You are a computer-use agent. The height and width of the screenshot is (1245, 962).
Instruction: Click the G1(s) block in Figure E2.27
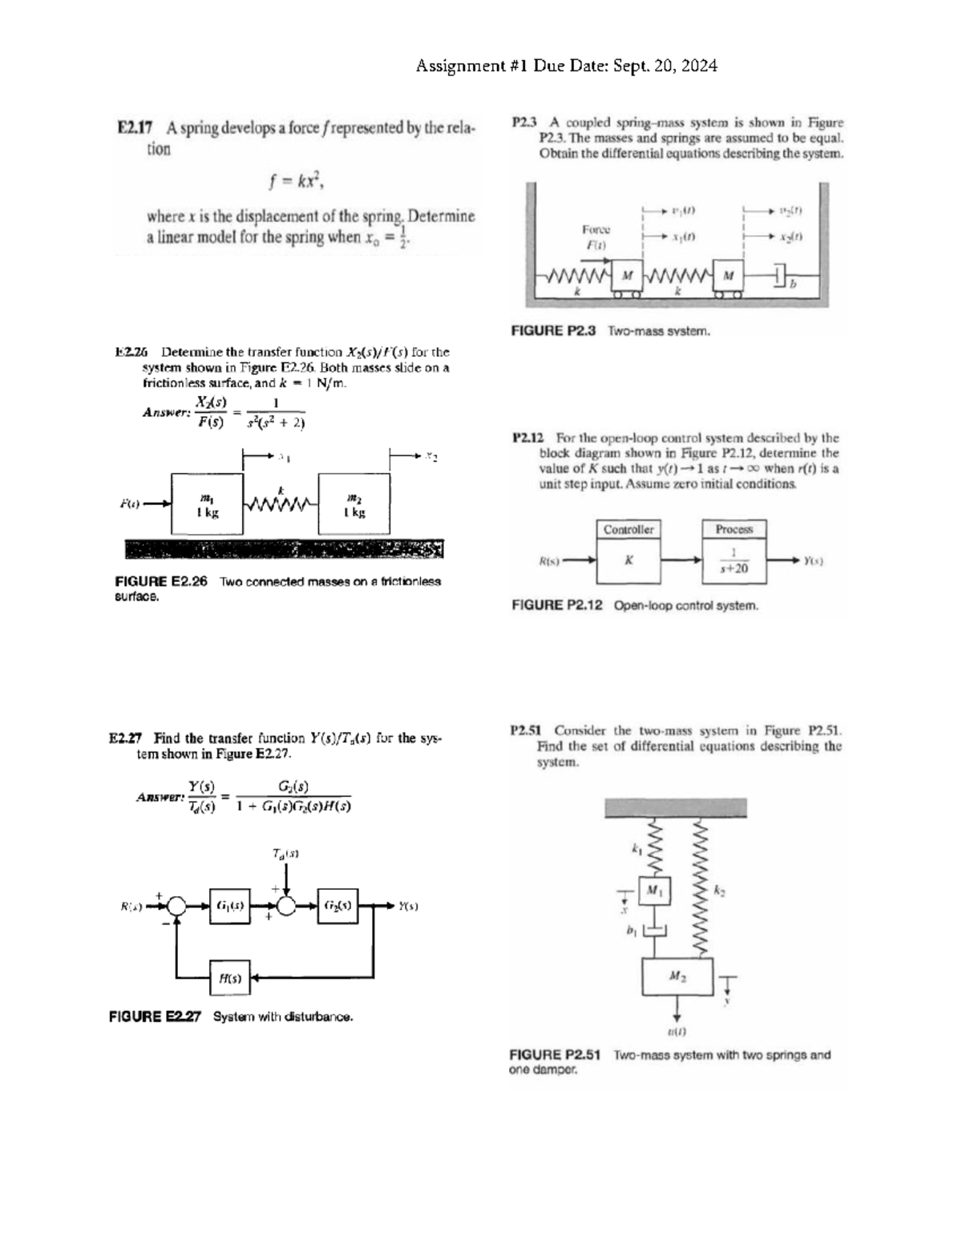pyautogui.click(x=229, y=906)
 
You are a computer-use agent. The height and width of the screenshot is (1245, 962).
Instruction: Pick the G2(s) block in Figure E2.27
pyautogui.click(x=338, y=906)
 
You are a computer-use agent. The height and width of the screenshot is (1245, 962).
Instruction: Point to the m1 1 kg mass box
pyautogui.click(x=207, y=504)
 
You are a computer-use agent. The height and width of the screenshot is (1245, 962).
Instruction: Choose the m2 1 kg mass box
pyautogui.click(x=355, y=504)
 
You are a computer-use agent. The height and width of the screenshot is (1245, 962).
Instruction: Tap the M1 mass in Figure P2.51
pyautogui.click(x=655, y=890)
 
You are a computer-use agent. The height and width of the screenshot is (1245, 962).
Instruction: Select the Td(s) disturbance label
pyautogui.click(x=285, y=855)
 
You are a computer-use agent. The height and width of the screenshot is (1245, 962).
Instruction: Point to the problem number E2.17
pyautogui.click(x=135, y=127)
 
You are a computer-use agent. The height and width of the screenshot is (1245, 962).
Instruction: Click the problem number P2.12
pyautogui.click(x=528, y=439)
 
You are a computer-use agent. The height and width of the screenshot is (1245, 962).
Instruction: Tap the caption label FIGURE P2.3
pyautogui.click(x=553, y=330)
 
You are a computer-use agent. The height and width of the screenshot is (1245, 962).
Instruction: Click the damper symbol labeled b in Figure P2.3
pyautogui.click(x=782, y=277)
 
